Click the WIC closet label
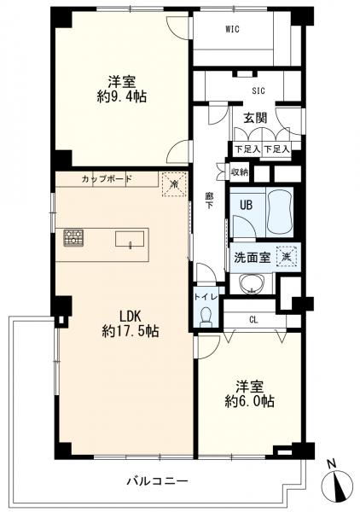[232, 29]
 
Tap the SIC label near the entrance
[258, 90]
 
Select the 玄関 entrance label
[256, 118]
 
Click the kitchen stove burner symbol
[73, 237]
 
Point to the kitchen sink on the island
[130, 239]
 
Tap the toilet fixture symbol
[206, 317]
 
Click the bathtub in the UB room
[278, 212]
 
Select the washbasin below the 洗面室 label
[251, 283]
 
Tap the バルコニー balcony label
[157, 481]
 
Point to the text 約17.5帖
[131, 331]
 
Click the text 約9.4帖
[122, 96]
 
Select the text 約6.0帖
[250, 401]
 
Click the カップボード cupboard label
[107, 179]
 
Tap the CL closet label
[253, 320]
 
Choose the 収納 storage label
[240, 172]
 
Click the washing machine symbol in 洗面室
[287, 257]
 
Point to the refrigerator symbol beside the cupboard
[174, 184]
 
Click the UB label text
[246, 205]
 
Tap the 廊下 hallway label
[209, 201]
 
